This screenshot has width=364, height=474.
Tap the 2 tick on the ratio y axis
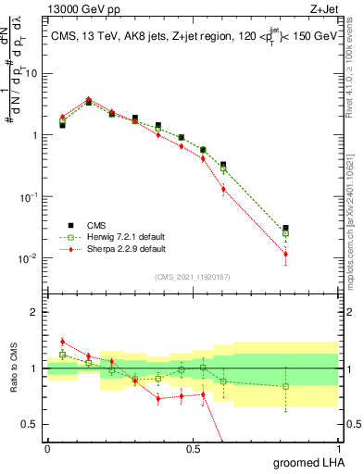pos(35,312)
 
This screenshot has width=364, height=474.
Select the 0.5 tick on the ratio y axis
pos(31,427)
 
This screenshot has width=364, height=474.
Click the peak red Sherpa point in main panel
pos(88,99)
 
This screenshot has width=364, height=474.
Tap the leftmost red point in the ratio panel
pos(62,342)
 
